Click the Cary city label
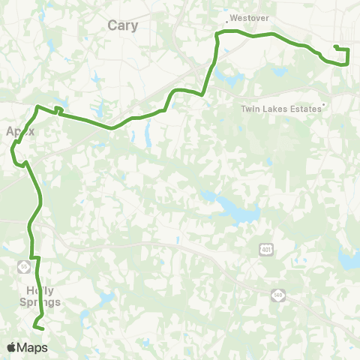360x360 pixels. pyautogui.click(x=122, y=25)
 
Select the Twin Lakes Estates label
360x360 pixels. pyautogui.click(x=280, y=109)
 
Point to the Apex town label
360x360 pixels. pyautogui.click(x=21, y=130)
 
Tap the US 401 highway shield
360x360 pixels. pyautogui.click(x=265, y=249)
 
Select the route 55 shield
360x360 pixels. pyautogui.click(x=24, y=266)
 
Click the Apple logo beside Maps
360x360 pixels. pyautogui.click(x=11, y=347)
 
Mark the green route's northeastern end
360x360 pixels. pyautogui.click(x=334, y=47)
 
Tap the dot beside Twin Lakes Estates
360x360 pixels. pyautogui.click(x=323, y=104)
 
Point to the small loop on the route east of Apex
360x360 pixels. pyautogui.click(x=58, y=110)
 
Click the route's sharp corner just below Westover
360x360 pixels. pyautogui.click(x=217, y=33)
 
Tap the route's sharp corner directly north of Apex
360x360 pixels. pyautogui.click(x=37, y=106)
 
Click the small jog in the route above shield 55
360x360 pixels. pyautogui.click(x=34, y=257)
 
